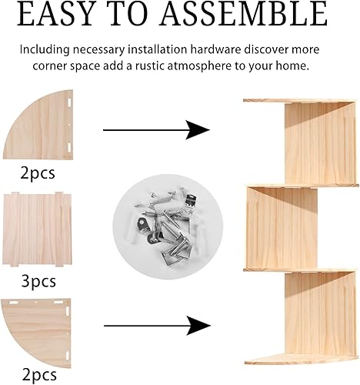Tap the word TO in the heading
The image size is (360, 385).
139,15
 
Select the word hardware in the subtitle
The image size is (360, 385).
195,49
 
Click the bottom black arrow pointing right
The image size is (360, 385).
157,326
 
